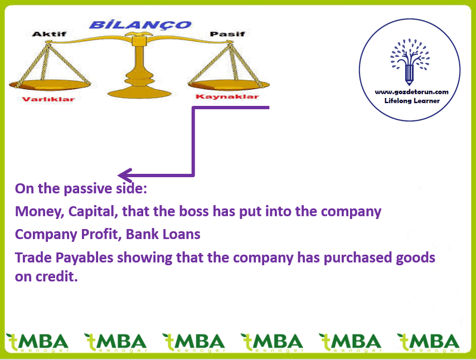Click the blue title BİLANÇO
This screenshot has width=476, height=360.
pos(140,25)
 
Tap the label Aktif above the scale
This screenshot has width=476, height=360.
pos(49,33)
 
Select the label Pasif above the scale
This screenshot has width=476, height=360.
pos(227,33)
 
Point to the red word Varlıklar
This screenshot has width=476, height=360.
pos(48,99)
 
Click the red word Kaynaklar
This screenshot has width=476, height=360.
pos(227,96)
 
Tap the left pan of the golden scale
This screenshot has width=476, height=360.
pos(50,85)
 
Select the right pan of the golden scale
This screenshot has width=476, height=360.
pos(229,85)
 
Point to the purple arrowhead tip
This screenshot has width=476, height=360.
pos(118,175)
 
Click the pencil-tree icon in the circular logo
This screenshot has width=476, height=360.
pos(410,62)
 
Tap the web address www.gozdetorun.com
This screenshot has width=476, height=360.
pos(412,91)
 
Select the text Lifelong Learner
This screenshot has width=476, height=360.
pos(412,101)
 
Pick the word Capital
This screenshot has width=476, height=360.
pos(93,212)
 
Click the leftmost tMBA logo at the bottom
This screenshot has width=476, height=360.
pos(37,343)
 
